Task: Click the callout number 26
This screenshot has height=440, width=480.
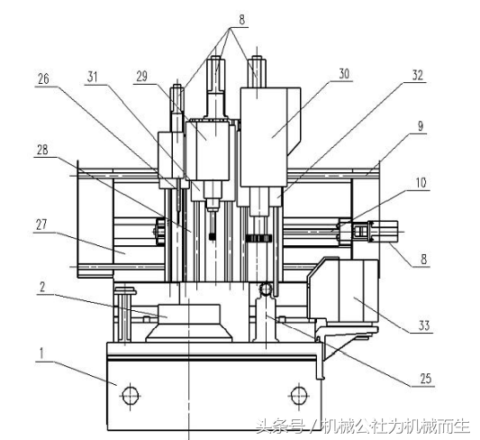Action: pos(43,78)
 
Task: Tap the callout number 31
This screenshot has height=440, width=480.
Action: pos(93,77)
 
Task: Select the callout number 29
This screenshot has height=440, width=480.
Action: pos(141,77)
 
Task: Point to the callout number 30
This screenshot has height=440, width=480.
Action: pos(344,74)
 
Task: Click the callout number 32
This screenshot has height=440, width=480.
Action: pos(418,75)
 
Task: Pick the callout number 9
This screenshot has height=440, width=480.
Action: pos(421,125)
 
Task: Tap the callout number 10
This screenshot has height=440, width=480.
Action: pos(421,183)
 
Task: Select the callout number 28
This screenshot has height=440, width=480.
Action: pos(42,150)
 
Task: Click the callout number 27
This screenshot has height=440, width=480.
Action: pos(41,225)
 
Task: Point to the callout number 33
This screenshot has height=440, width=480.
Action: pos(424,325)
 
